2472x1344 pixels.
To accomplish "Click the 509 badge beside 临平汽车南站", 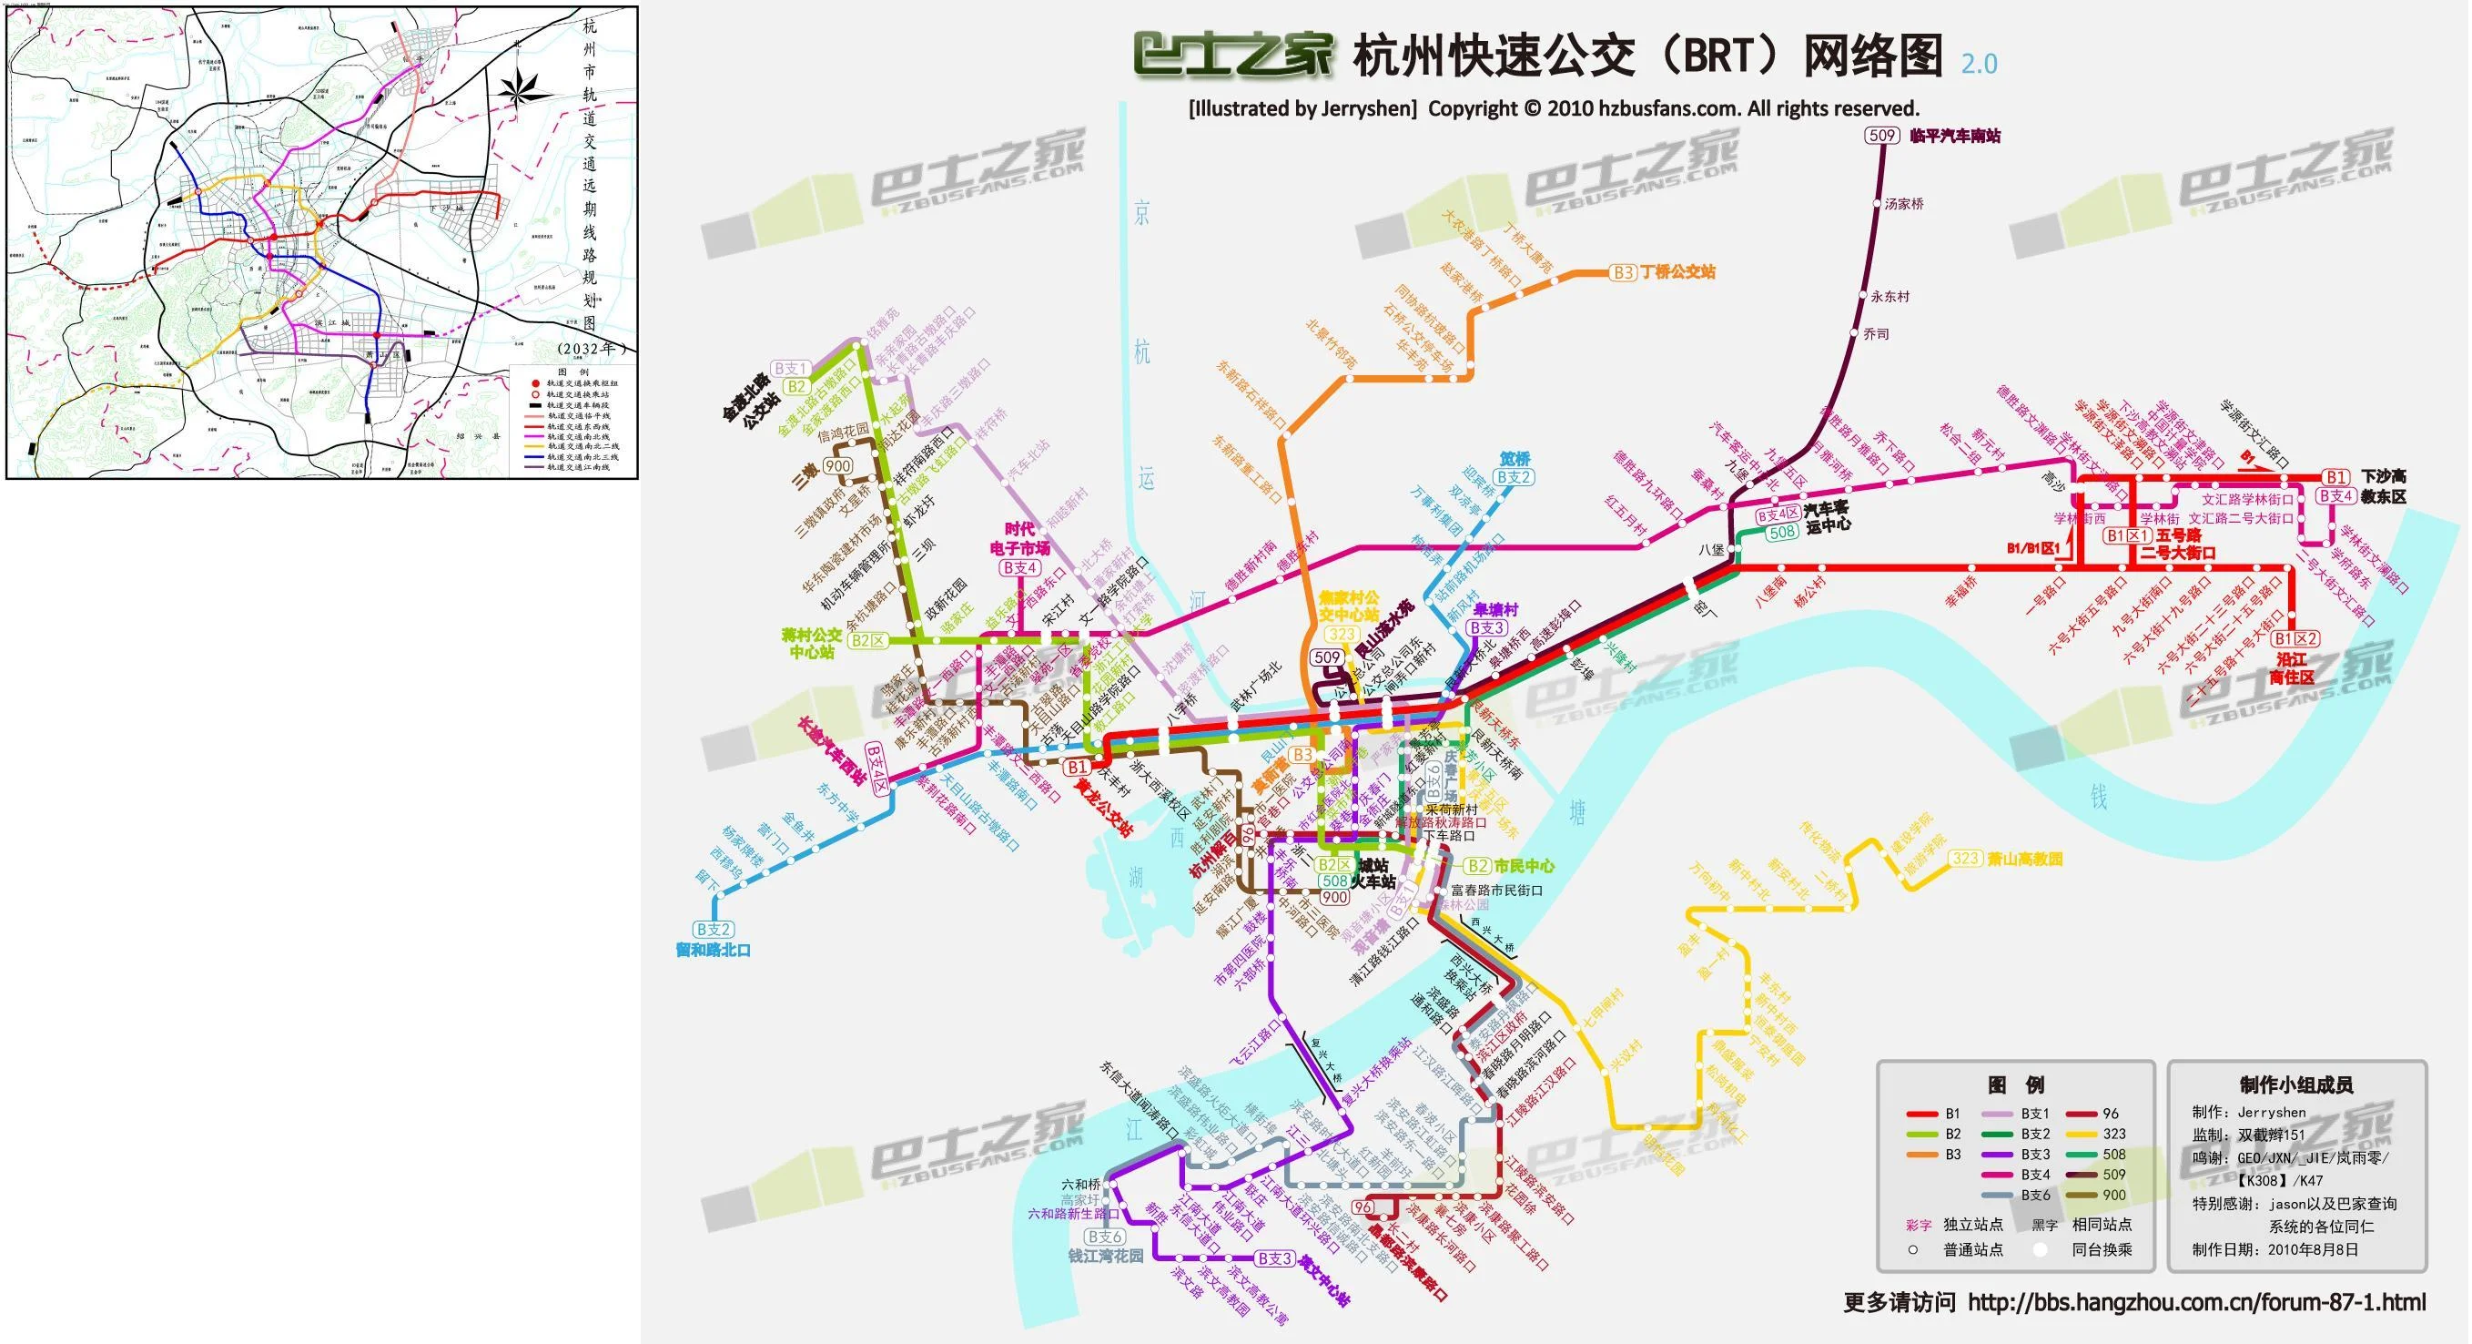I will click(1882, 136).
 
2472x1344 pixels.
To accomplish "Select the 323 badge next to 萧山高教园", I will click(1965, 859).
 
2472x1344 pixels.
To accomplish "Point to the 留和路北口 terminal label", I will click(713, 950).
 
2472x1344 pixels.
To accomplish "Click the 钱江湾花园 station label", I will click(1106, 1256).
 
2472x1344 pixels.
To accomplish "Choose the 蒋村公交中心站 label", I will click(812, 643).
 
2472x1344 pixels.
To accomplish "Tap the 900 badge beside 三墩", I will click(837, 466).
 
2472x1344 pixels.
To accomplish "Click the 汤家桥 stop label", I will click(1904, 204).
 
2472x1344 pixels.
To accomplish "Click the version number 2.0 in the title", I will click(1979, 65).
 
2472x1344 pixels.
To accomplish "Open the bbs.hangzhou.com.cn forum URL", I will click(2196, 1303).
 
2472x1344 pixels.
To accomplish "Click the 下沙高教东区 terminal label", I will click(2384, 485).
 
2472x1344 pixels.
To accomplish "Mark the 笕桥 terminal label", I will click(1515, 459).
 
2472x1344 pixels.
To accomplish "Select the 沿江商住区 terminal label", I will click(2292, 668).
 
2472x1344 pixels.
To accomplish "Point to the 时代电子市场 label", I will click(1019, 538).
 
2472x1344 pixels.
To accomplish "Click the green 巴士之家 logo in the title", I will click(1232, 55).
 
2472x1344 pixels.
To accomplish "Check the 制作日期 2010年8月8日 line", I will click(2274, 1250).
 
